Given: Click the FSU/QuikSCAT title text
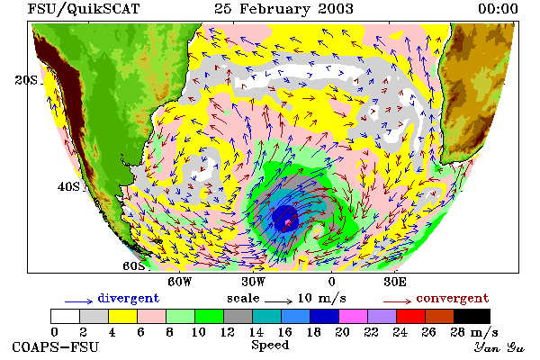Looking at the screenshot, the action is coord(84,9).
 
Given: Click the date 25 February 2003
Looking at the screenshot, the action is coord(283,9).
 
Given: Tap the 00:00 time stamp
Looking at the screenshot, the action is coord(498,9).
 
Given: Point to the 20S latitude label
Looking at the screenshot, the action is coord(26,80).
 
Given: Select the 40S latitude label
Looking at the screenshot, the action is coord(68,186).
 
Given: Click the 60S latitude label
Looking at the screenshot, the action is coord(133,266).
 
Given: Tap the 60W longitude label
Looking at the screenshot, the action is coord(179,282).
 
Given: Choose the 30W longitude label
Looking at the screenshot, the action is coord(254,282).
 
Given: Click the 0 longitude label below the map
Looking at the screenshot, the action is coord(331,282).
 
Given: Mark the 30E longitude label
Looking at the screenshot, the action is coord(395,282).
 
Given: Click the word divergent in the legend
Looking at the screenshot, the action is coord(129,298).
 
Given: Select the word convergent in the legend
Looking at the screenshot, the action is coord(453,298).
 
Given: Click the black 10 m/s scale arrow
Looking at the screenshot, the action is coord(279,301).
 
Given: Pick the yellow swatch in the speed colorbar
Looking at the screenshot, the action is coord(122,316).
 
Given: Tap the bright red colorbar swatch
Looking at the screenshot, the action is coord(410,316).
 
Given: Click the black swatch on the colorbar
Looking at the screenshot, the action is coord(472,316).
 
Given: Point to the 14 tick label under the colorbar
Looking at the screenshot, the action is coord(256,332).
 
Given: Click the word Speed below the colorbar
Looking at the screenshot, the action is coord(270,345).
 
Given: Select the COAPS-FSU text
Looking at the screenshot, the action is coord(56,346).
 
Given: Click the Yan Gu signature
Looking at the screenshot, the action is coord(499,347).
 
